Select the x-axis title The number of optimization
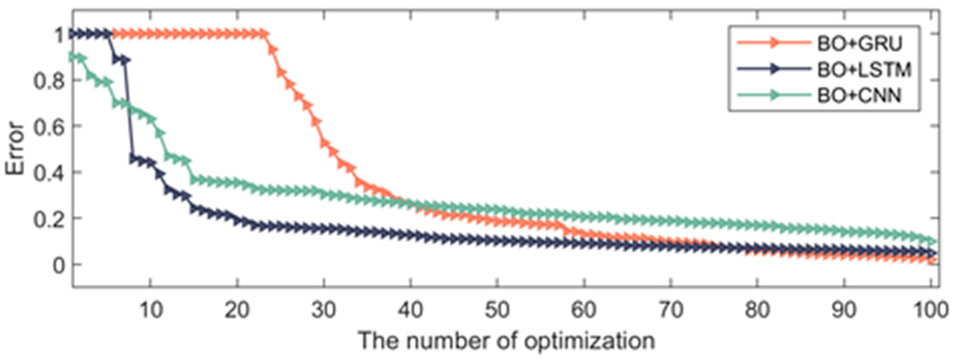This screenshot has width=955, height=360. tap(506, 340)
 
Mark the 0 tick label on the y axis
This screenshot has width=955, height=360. tap(58, 265)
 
